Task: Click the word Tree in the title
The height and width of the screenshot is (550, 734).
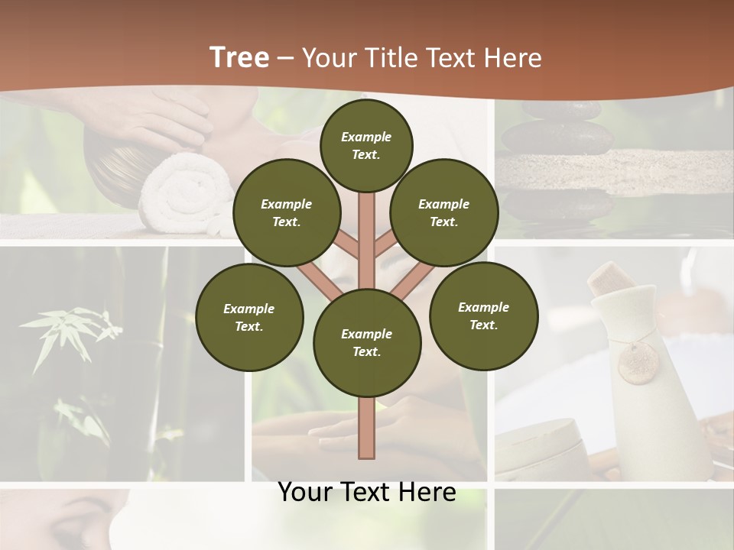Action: click(x=239, y=57)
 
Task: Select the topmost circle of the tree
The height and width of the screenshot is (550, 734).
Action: click(x=366, y=145)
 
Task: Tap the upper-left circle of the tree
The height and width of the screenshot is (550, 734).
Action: click(x=287, y=212)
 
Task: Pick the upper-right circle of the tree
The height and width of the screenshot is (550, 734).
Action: click(x=444, y=212)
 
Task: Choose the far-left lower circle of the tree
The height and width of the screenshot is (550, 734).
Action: click(x=249, y=317)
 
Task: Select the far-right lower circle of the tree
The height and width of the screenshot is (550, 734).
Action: click(x=483, y=315)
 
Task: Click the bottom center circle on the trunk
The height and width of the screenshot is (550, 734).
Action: click(x=367, y=342)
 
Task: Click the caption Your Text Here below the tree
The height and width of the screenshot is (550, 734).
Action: click(x=367, y=492)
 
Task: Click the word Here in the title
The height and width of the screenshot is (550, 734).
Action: click(x=509, y=58)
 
